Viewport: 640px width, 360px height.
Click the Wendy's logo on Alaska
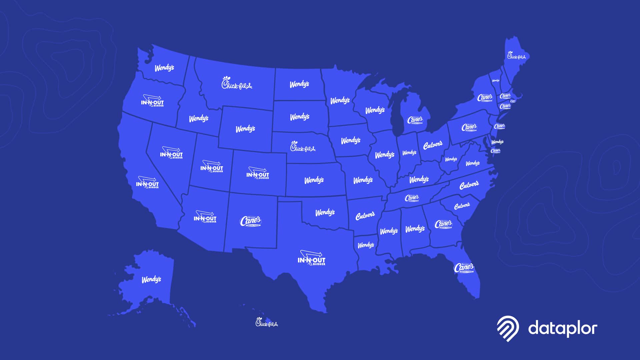coord(151,279)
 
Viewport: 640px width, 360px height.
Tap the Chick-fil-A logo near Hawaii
coord(266,322)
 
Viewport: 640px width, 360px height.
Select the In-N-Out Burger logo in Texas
coord(311,259)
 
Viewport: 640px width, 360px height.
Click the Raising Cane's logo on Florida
coord(464,268)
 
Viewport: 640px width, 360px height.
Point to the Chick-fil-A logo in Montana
coord(237,83)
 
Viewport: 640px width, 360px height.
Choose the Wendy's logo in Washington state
coord(164,68)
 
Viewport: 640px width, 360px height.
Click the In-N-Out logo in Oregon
coord(152,101)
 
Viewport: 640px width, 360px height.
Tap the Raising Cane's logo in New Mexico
coord(251,221)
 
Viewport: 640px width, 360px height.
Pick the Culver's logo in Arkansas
coord(365,216)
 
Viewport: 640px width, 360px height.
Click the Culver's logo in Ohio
coord(433,145)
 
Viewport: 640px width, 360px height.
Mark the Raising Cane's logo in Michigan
coord(415,120)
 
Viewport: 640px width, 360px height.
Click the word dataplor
coord(563,328)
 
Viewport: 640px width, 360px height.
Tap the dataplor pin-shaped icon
coord(508,328)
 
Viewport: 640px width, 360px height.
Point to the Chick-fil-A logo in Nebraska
coord(302,147)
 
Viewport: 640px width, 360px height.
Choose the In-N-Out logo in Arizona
coord(205,217)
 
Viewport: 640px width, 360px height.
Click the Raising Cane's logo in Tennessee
coord(412,198)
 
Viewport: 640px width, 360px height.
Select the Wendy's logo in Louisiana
coord(366,245)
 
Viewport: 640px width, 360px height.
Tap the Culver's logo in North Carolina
coord(469,185)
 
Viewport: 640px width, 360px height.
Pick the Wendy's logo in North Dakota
coord(299,84)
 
